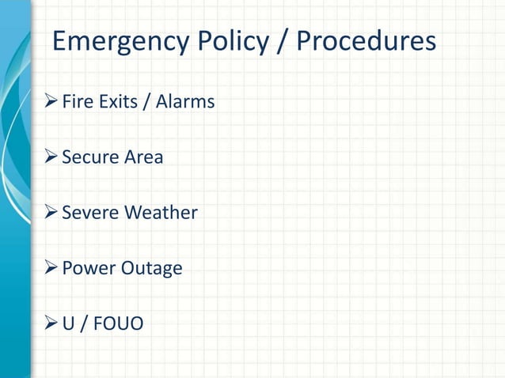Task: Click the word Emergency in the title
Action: click(x=119, y=42)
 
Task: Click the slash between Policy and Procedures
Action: click(x=281, y=42)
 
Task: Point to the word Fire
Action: click(x=77, y=102)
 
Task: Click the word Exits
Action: click(x=116, y=102)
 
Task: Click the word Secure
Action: click(x=89, y=157)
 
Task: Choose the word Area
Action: click(x=142, y=157)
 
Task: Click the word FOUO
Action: click(x=118, y=323)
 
